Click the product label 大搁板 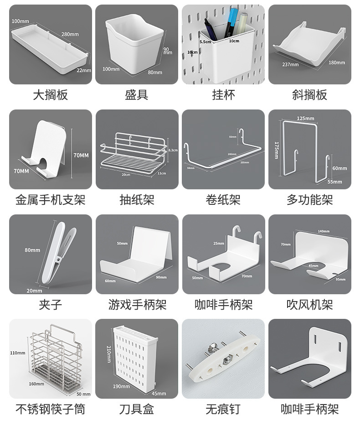(50, 95)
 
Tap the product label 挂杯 (223, 95)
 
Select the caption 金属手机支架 (50, 200)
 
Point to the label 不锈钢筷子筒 (50, 409)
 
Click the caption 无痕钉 (223, 409)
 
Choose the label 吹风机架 (310, 304)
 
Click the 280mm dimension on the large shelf (70, 34)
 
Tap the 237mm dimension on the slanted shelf (290, 64)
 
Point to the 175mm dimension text (277, 150)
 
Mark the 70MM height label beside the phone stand (81, 155)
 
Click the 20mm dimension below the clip (34, 291)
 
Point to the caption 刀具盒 (136, 409)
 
